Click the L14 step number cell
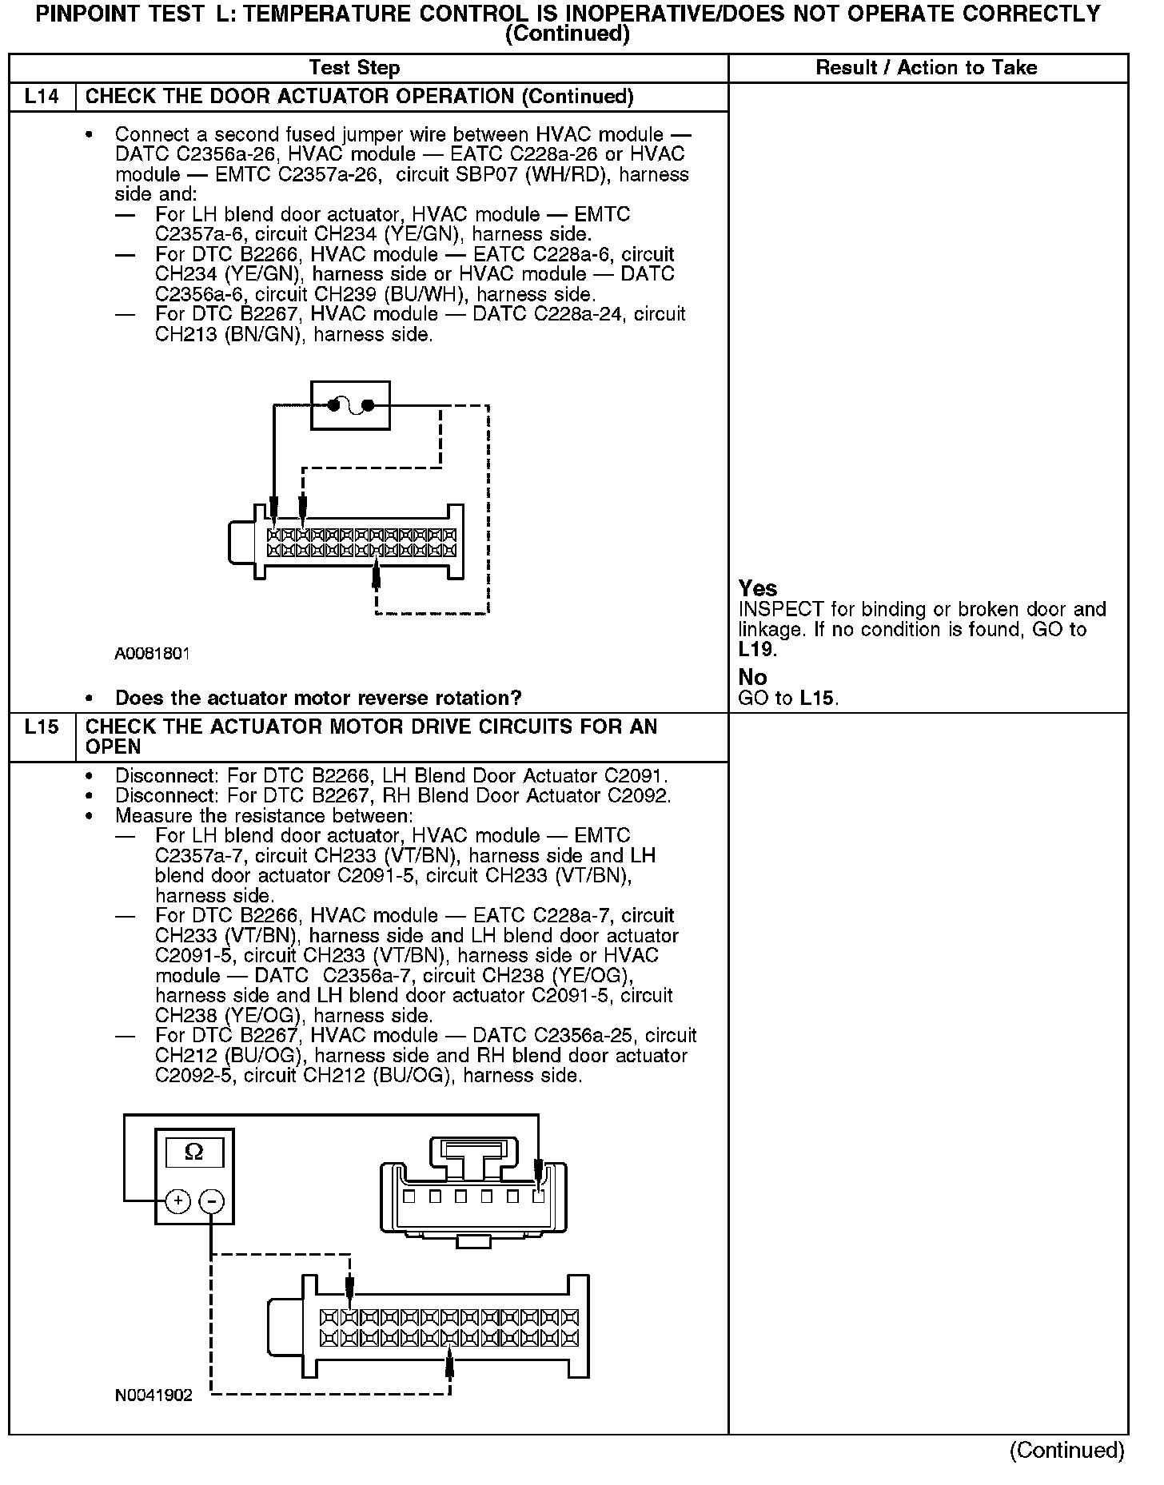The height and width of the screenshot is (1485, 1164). [x=42, y=97]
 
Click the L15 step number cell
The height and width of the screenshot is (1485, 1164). [x=42, y=727]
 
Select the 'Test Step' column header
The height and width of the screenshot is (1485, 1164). [x=354, y=68]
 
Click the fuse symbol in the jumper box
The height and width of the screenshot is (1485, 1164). [x=351, y=405]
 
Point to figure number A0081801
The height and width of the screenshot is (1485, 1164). [x=152, y=653]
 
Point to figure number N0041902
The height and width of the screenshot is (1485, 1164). [x=153, y=1395]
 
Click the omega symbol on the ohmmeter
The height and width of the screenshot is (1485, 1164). [x=193, y=1152]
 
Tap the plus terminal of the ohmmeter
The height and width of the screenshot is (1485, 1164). [x=178, y=1200]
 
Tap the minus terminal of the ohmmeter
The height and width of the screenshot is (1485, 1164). [x=211, y=1200]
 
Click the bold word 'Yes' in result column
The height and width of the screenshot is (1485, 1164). [x=757, y=589]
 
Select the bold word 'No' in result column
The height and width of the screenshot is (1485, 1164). [x=752, y=677]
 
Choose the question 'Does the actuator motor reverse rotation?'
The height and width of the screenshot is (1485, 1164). [x=318, y=698]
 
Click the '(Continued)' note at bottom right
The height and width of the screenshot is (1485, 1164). [x=1066, y=1450]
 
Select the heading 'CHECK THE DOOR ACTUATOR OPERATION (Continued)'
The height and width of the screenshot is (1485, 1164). [x=359, y=97]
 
